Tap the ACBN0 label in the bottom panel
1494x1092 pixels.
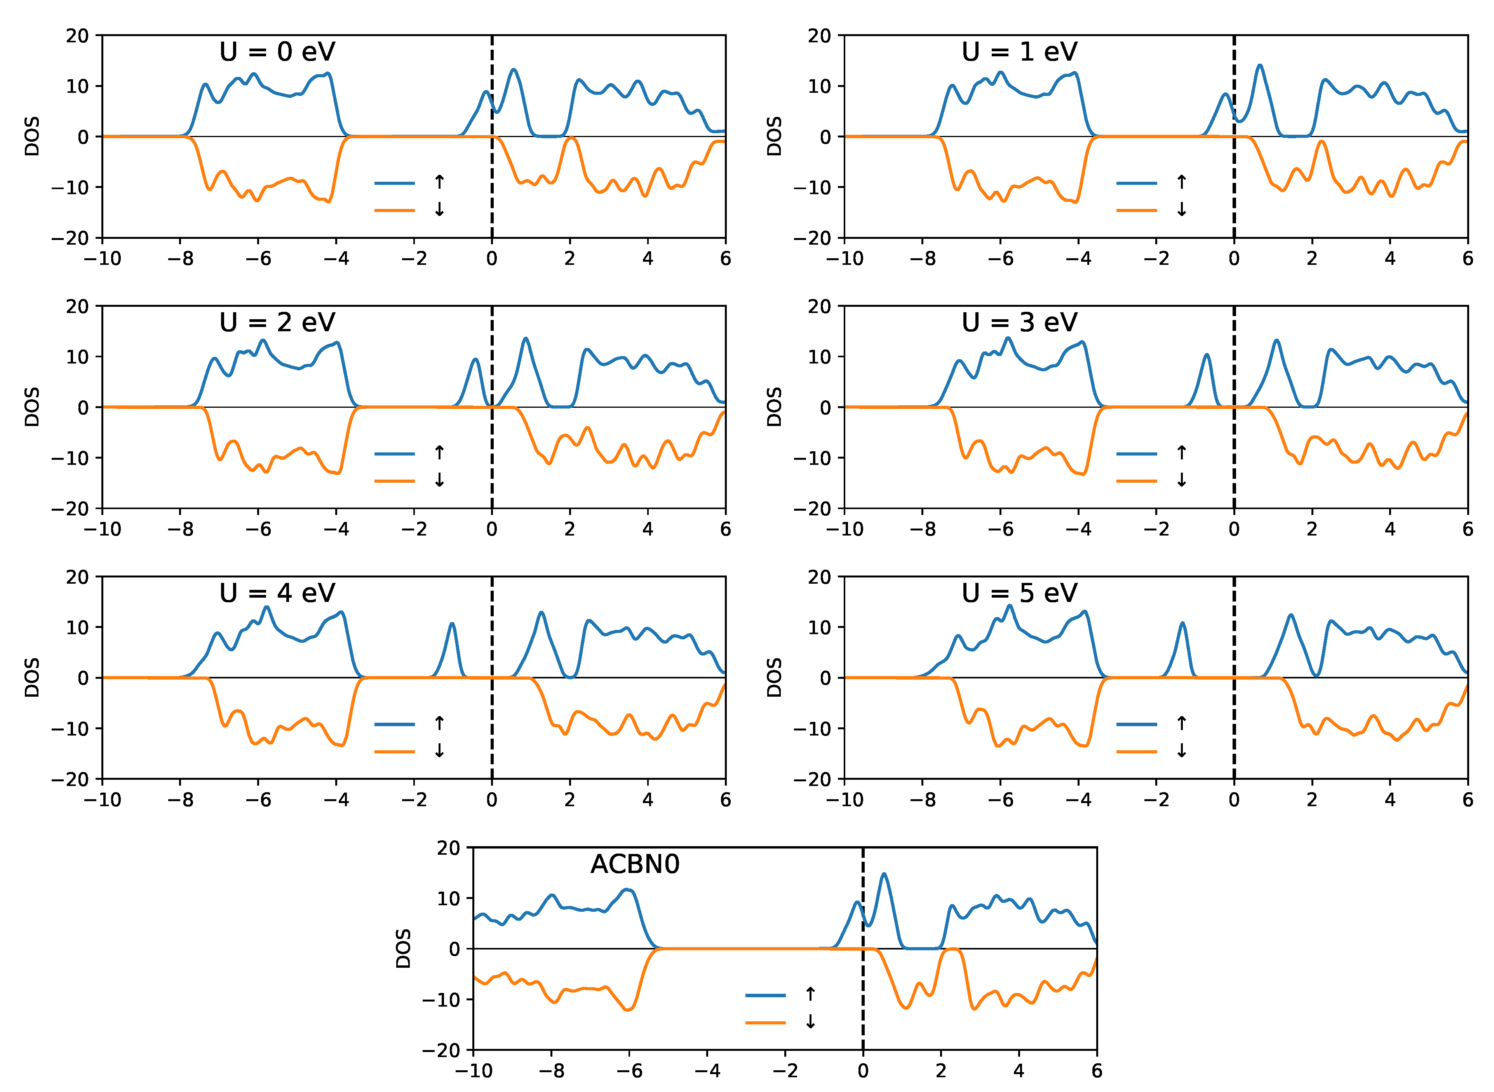pyautogui.click(x=635, y=864)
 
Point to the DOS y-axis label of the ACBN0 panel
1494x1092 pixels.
pyautogui.click(x=403, y=949)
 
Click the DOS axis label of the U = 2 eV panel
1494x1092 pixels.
pyautogui.click(x=32, y=407)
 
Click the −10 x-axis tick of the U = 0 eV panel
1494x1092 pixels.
pyautogui.click(x=103, y=259)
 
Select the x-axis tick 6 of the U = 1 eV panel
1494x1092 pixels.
pyautogui.click(x=1468, y=259)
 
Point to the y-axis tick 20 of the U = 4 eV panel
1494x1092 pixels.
pyautogui.click(x=77, y=577)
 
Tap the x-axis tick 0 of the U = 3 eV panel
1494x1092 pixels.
pyautogui.click(x=1234, y=529)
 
